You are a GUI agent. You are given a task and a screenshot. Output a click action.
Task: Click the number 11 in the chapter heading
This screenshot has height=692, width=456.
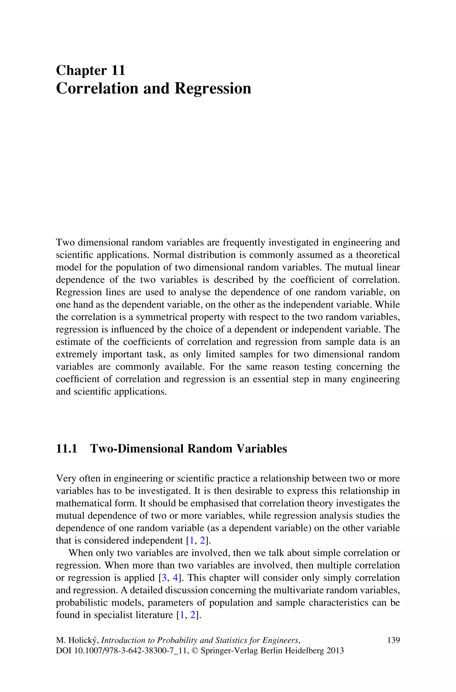118,71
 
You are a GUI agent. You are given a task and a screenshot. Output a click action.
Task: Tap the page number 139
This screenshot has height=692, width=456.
393,640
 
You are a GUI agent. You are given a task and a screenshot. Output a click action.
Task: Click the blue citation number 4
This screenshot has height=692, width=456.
175,578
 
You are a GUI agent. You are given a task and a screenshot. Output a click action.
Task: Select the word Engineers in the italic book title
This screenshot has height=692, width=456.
281,641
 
